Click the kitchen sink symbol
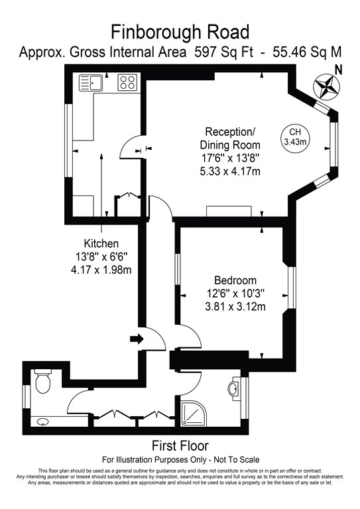coord(91,82)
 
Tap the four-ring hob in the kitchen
coord(127,82)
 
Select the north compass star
coord(327,87)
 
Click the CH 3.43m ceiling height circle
coord(295,137)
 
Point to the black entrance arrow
coord(137,339)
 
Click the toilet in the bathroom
coord(43,381)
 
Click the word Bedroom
coord(235,280)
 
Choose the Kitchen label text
coord(101,243)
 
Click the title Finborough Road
coord(180,32)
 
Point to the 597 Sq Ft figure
coord(223,52)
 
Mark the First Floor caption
coord(180,445)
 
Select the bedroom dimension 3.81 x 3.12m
coord(235,306)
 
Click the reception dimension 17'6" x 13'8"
coord(230,158)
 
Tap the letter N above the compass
coord(339,70)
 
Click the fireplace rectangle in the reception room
coord(229,211)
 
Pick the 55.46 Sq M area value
coord(307,52)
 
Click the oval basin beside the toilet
coord(43,422)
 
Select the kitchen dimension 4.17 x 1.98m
coord(101,270)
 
